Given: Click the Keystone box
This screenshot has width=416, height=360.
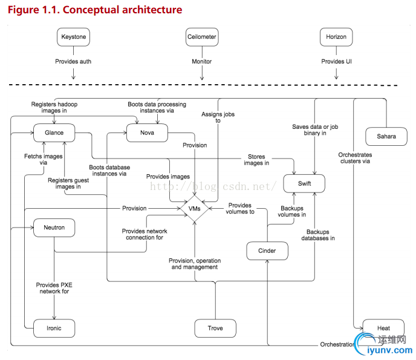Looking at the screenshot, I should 74,37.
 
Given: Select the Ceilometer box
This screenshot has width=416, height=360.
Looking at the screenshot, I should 201,37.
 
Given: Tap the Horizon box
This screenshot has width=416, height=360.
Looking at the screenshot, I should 336,37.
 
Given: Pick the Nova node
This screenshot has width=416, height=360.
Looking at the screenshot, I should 146,133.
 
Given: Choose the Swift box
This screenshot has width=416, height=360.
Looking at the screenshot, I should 304,183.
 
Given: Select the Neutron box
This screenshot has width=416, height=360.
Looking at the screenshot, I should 54,228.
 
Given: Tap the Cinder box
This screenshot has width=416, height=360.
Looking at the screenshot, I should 267,250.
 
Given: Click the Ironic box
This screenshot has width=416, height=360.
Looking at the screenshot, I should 54,328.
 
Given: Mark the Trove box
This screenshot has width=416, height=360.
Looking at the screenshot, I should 215,328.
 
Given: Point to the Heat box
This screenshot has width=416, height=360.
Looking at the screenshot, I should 383,328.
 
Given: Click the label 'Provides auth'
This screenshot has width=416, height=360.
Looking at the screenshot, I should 73,62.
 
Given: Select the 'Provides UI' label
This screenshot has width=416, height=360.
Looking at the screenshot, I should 336,62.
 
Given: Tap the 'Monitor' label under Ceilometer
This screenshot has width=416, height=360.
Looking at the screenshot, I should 201,62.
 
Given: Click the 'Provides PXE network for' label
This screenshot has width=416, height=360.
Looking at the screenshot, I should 54,288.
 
